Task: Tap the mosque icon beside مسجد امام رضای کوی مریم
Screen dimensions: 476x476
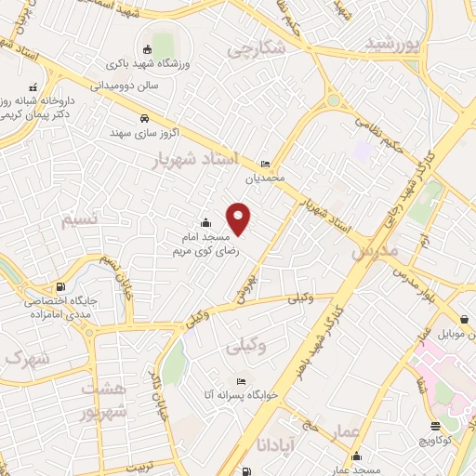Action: coord(205,223)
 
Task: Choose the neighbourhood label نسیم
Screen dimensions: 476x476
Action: coord(79,220)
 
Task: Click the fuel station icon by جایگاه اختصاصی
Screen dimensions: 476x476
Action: coord(60,286)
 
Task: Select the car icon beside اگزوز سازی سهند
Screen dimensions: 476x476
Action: coord(144,119)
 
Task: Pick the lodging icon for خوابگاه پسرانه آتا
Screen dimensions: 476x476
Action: coord(242,381)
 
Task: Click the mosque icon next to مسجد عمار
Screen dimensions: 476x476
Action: coord(357,456)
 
